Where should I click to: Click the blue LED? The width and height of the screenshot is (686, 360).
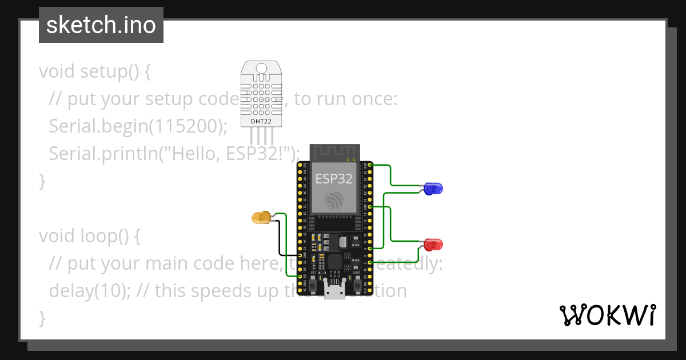(x=434, y=188)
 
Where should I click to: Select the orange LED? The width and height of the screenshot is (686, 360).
(x=261, y=217)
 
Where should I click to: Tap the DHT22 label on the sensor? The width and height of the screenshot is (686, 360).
(x=262, y=121)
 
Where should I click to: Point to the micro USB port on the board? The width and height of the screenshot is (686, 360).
(x=334, y=290)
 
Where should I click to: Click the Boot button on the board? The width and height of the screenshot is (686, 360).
(x=357, y=281)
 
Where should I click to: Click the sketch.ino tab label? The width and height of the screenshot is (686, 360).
(x=101, y=25)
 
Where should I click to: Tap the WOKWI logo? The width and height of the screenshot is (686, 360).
(x=607, y=315)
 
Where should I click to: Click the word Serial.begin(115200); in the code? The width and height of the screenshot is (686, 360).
(x=138, y=126)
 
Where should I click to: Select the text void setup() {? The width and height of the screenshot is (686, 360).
(x=95, y=71)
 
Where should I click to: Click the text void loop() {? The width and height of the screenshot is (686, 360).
(x=89, y=236)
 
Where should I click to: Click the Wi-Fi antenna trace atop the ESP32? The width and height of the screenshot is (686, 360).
(x=334, y=152)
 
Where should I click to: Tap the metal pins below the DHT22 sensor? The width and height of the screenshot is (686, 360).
(x=262, y=137)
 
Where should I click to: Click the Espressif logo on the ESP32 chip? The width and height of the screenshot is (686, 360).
(x=334, y=201)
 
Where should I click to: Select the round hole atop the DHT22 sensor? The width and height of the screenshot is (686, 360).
(x=262, y=69)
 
